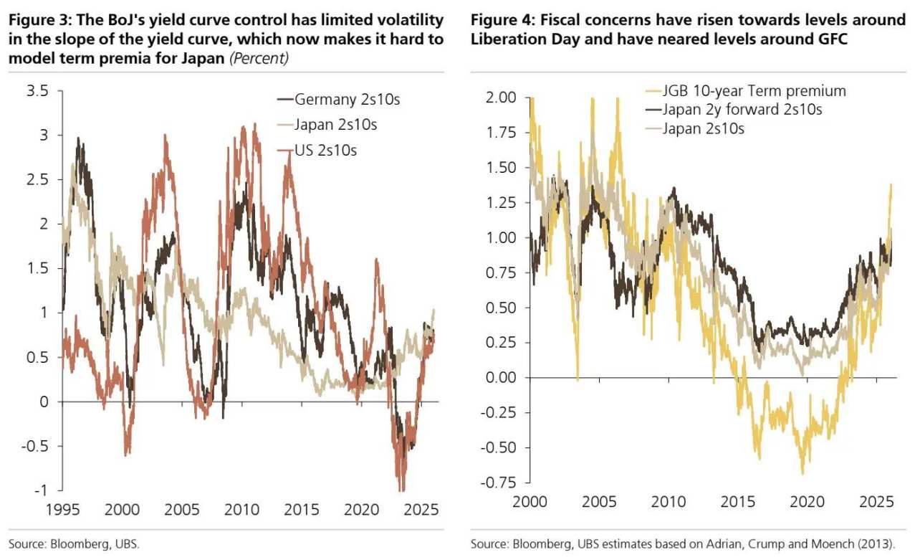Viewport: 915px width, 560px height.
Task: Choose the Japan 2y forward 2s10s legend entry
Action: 742,110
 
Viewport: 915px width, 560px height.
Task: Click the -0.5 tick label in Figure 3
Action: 37,446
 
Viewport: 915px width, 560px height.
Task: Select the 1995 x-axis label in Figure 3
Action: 63,510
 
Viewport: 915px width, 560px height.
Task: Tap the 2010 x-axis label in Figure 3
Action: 241,510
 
